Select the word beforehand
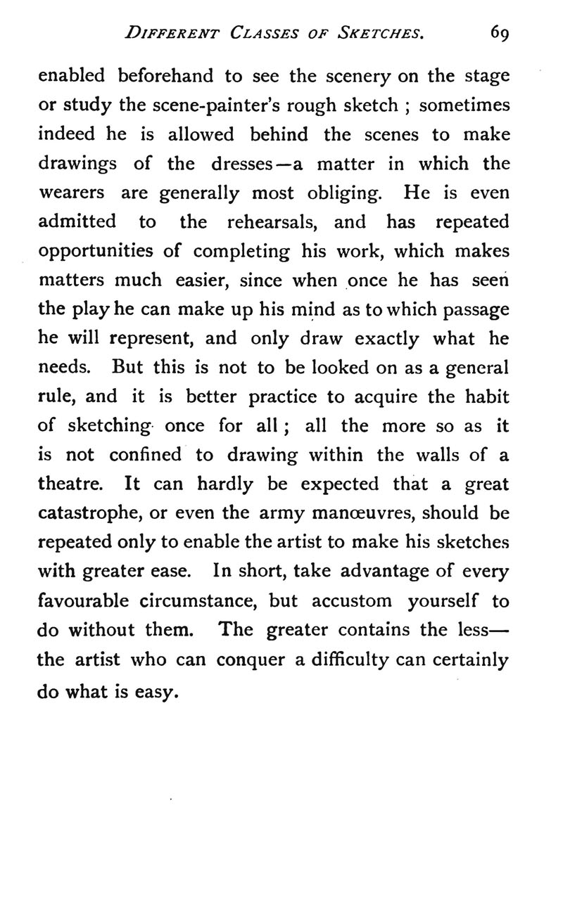(x=160, y=76)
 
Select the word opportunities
(x=95, y=252)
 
